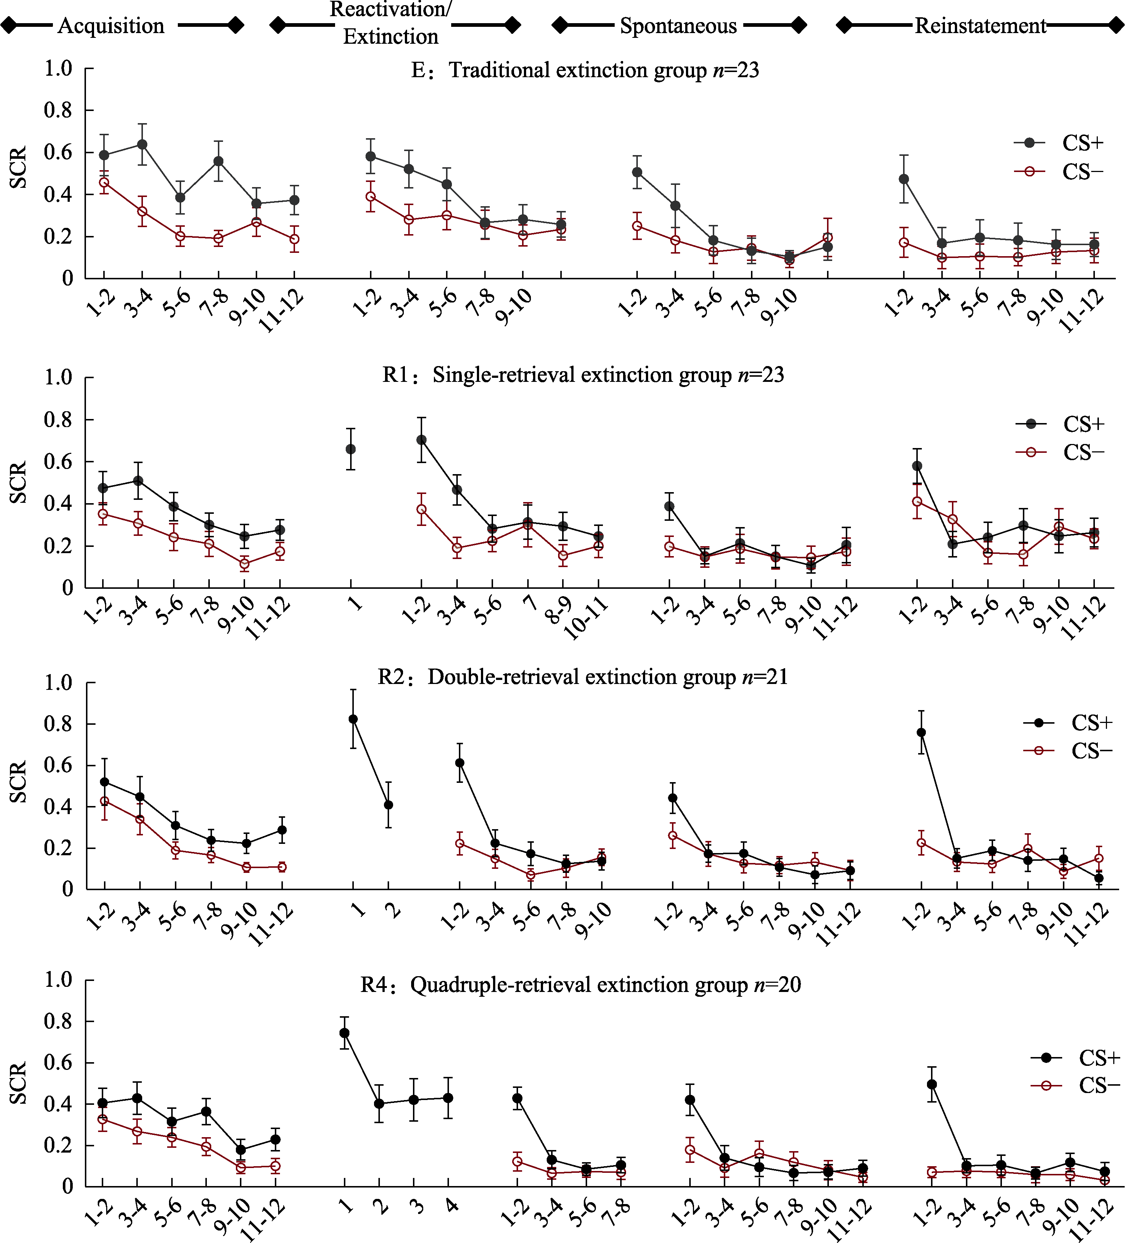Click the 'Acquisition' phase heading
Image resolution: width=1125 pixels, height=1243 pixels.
pos(111,26)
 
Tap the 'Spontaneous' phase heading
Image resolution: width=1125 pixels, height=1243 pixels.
pos(678,26)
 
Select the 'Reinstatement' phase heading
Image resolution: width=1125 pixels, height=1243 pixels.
pos(980,26)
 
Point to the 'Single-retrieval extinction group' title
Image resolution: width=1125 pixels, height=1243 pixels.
pos(583,375)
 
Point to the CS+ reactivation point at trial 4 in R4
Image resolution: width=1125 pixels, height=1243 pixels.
pos(449,1097)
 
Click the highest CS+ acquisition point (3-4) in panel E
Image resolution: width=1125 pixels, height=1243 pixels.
pos(143,145)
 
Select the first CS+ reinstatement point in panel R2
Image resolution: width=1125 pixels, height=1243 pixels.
pos(921,732)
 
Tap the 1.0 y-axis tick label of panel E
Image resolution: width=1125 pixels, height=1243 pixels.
pos(58,68)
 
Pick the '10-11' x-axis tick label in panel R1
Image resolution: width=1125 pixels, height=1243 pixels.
pos(586,620)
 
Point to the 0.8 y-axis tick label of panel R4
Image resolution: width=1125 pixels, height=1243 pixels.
pos(58,1022)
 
